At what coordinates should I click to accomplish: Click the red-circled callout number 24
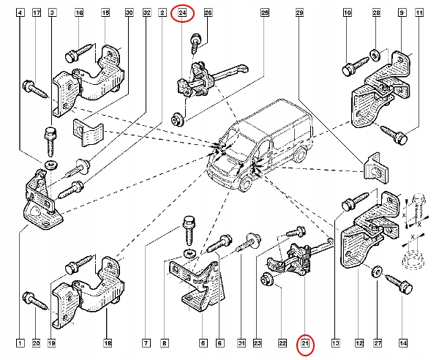click(x=182, y=13)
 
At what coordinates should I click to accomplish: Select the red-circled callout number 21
click(x=305, y=343)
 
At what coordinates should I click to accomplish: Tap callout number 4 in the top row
click(x=20, y=13)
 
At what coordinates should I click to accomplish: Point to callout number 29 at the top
click(x=299, y=13)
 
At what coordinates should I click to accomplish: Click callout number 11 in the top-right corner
click(x=419, y=13)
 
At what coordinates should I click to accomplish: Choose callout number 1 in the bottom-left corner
click(x=20, y=343)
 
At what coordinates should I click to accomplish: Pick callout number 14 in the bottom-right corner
click(x=403, y=343)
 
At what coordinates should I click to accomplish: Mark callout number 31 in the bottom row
click(x=241, y=343)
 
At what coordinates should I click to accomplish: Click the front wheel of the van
click(x=246, y=183)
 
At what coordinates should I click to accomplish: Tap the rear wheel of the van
click(x=299, y=154)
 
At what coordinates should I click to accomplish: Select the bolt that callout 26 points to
click(x=195, y=43)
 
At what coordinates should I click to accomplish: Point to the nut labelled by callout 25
click(x=176, y=119)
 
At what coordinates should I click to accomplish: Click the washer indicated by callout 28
click(x=375, y=55)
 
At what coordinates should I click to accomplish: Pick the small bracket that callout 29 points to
click(x=375, y=168)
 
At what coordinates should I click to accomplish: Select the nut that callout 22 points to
click(x=266, y=279)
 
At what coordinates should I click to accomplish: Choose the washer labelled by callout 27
click(x=377, y=271)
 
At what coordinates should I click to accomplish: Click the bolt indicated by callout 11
click(x=394, y=135)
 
